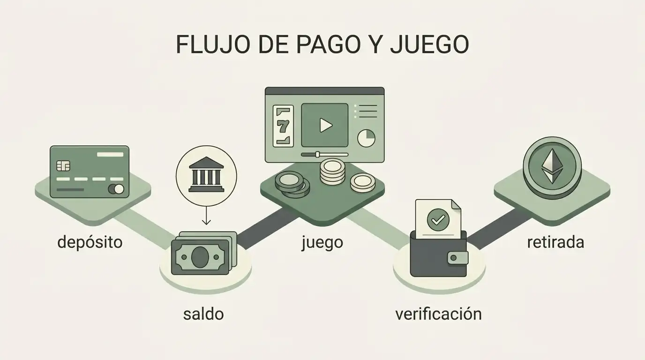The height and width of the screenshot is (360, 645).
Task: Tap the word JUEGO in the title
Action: click(x=429, y=45)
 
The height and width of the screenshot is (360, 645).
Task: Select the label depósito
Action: click(x=90, y=243)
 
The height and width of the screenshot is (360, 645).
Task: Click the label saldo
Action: click(x=203, y=314)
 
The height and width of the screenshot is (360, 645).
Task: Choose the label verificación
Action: click(x=439, y=314)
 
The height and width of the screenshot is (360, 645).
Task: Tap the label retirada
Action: click(x=555, y=242)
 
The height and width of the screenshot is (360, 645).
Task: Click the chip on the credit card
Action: click(x=63, y=165)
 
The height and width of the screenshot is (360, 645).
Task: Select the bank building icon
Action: click(x=206, y=174)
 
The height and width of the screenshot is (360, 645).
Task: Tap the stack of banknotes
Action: click(x=204, y=253)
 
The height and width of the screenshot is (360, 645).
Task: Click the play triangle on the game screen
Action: click(x=326, y=125)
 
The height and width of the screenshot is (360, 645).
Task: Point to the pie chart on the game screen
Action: click(x=366, y=138)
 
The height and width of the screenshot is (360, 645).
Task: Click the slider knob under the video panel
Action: click(x=318, y=155)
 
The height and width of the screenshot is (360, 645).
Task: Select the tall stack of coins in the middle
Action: click(x=333, y=172)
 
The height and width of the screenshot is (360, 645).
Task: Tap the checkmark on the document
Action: click(x=438, y=220)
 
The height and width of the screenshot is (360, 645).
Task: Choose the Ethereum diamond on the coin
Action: click(x=552, y=166)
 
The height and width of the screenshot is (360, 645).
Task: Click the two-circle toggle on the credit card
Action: click(x=116, y=189)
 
